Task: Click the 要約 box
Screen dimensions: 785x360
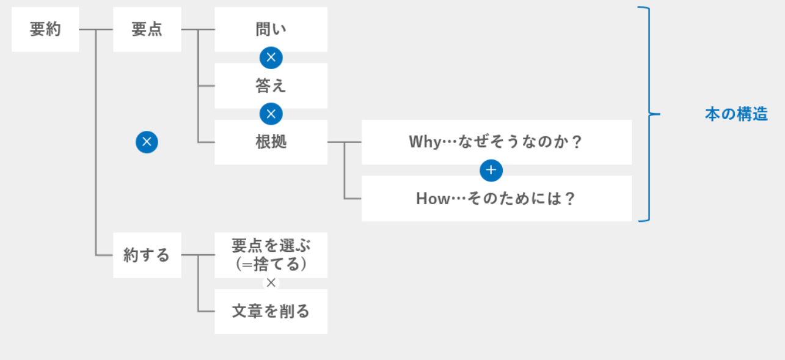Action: tap(45, 29)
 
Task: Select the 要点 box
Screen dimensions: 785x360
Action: tap(147, 29)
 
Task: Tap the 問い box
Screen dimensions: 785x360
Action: tap(271, 29)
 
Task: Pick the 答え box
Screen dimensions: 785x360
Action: tap(271, 86)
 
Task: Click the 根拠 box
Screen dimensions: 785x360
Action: tap(271, 142)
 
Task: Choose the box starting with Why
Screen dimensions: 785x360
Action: tap(497, 142)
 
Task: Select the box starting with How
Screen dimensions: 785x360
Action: tap(497, 199)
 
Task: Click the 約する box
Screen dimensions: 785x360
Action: tap(147, 255)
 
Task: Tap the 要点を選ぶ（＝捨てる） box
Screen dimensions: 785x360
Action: tap(271, 255)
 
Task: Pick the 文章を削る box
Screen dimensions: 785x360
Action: tap(271, 312)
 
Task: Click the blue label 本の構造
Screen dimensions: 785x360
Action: tap(736, 114)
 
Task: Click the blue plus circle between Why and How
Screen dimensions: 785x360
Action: tap(491, 171)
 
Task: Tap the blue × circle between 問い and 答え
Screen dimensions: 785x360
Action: tap(271, 57)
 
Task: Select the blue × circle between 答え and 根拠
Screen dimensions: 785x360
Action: tap(271, 114)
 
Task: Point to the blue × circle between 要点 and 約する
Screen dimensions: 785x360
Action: tap(147, 142)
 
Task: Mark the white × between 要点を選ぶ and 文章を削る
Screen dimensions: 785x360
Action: tap(271, 283)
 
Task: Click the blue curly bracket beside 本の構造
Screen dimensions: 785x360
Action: tap(649, 114)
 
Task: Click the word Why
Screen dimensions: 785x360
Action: tap(425, 142)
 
